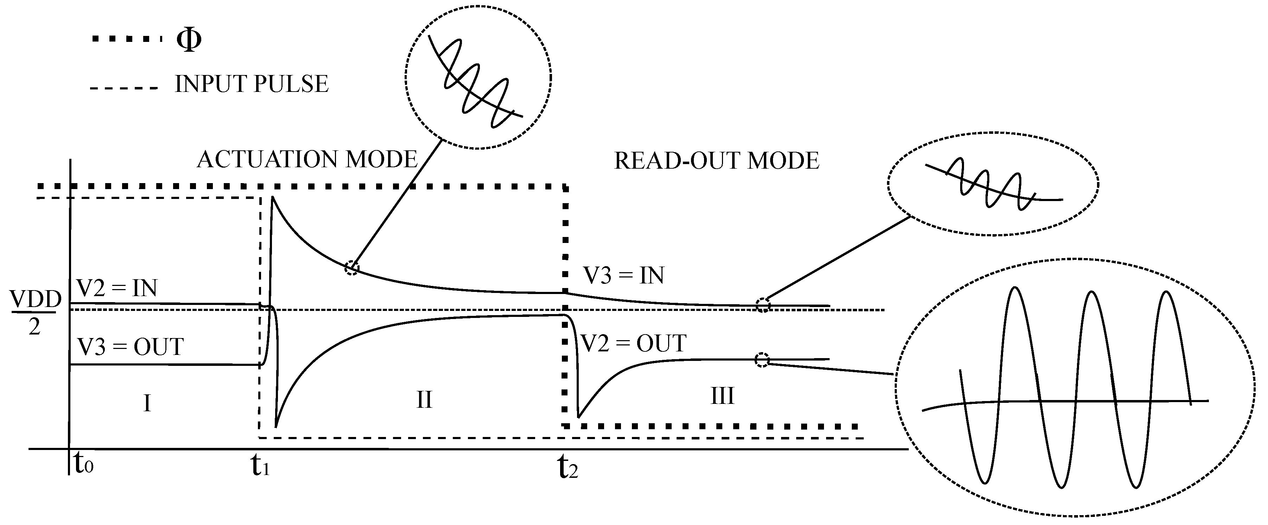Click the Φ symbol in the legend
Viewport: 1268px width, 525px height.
[189, 40]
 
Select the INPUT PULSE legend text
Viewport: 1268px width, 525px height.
[252, 84]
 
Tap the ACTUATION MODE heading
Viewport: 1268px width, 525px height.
[307, 160]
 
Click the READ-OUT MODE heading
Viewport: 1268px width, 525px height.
[717, 161]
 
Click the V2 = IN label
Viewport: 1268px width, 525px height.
[117, 288]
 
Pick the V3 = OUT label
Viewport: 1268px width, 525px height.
[131, 347]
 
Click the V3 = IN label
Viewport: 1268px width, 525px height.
[624, 276]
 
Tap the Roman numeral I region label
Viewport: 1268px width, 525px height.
[147, 404]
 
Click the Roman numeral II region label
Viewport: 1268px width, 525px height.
[424, 399]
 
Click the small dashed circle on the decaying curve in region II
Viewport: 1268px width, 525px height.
[351, 268]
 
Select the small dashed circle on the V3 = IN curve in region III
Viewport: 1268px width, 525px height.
[763, 305]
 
